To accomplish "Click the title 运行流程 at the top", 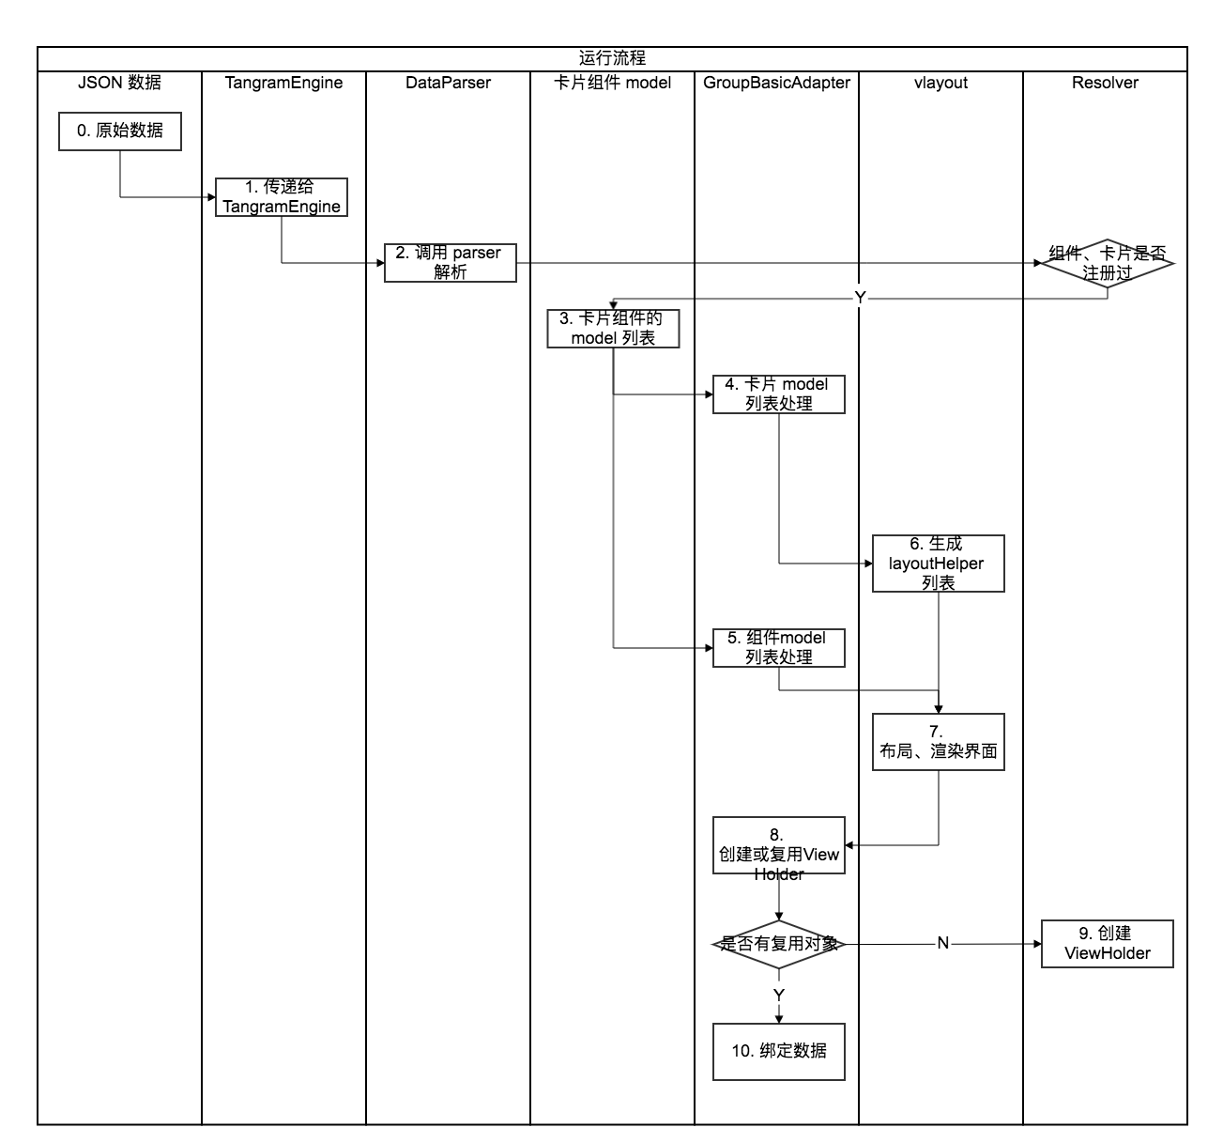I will point(612,58).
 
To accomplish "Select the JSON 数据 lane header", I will point(119,83).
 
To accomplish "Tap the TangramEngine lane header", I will point(283,83).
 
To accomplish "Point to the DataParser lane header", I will point(448,83).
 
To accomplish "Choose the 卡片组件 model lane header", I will point(613,83).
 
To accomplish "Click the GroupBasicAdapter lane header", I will point(776,83).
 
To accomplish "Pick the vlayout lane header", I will point(940,83).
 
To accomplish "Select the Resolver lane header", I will point(1105,83).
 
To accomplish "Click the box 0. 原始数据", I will point(120,131).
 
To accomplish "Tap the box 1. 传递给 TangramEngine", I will point(282,197).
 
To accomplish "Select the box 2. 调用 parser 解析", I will point(451,263).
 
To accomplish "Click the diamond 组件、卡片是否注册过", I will point(1108,263).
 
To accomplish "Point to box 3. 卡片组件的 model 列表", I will point(614,329).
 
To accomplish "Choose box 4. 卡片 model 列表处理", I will point(779,394).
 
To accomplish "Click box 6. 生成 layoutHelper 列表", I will point(939,564).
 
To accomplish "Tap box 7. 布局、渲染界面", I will point(939,742).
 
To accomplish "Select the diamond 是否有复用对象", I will point(779,944).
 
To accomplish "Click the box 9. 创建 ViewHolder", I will point(1108,944).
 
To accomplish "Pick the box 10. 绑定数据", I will point(779,1051).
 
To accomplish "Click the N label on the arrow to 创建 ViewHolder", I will point(943,944).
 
